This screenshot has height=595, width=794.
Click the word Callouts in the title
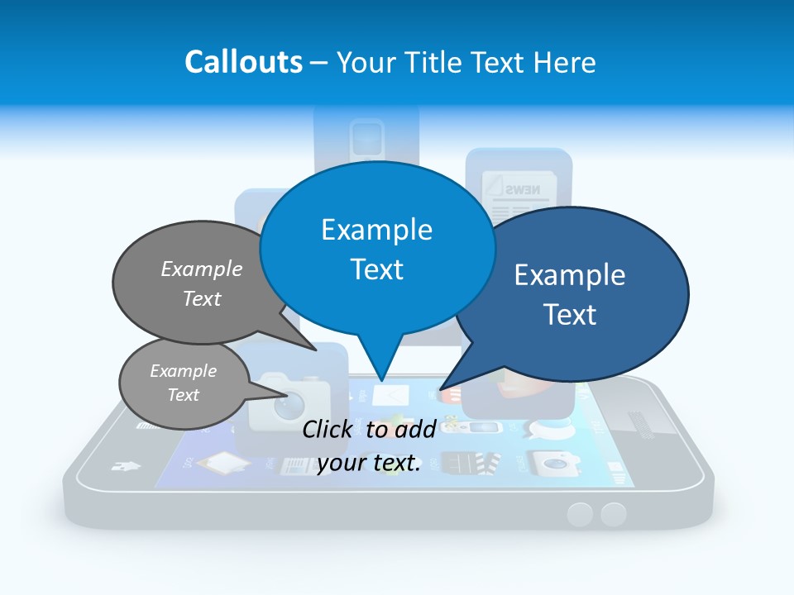tap(243, 62)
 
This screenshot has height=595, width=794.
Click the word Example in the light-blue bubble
tap(376, 230)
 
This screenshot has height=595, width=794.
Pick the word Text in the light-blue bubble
tap(376, 269)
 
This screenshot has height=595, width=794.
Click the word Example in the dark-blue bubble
tap(570, 275)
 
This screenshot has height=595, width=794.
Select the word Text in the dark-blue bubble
tap(570, 315)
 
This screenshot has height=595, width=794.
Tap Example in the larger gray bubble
tap(202, 269)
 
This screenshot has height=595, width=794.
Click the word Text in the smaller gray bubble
tap(183, 395)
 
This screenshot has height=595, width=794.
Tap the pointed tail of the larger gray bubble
tap(314, 349)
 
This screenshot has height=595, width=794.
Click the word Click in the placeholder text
tap(330, 429)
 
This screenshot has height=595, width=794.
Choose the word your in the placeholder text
tap(342, 464)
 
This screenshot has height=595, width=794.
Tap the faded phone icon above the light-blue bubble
tap(366, 136)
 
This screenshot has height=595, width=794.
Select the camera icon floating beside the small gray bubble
tap(289, 397)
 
